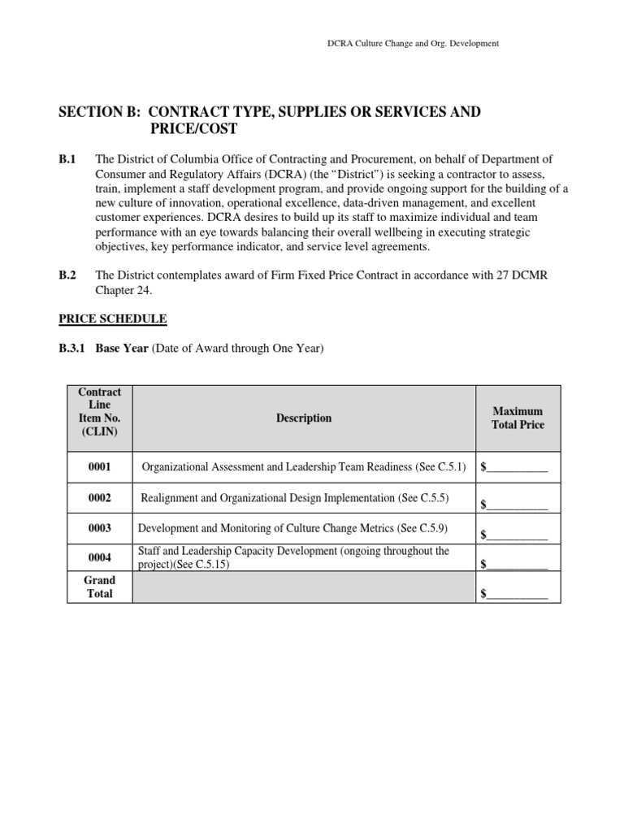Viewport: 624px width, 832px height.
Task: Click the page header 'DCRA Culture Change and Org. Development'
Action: coord(407,43)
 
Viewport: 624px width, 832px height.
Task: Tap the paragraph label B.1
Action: coord(67,159)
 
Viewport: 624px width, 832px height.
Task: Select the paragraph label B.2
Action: coord(67,275)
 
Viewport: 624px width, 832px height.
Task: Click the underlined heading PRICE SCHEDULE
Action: coord(112,319)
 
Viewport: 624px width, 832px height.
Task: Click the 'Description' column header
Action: coord(304,418)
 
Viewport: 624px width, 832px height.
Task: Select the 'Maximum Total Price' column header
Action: coord(518,418)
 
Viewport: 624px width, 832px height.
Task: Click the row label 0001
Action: coord(100,467)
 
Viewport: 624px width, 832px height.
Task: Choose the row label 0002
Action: coord(100,498)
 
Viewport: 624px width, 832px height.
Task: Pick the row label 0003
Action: coord(100,528)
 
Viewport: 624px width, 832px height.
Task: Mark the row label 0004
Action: coord(100,557)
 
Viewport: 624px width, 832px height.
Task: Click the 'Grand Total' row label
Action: coord(100,587)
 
